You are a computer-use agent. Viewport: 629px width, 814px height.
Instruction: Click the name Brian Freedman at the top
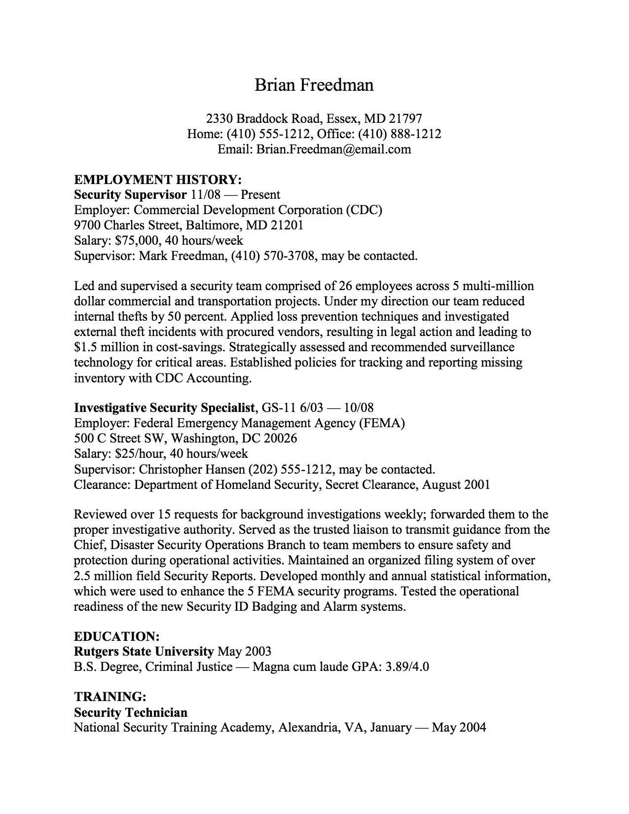[314, 85]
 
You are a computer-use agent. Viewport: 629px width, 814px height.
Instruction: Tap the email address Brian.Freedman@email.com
[333, 149]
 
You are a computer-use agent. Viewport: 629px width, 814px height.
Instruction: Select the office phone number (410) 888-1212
[400, 134]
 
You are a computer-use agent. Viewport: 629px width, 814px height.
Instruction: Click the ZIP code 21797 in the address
[406, 119]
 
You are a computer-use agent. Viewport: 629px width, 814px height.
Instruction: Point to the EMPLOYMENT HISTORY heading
[158, 179]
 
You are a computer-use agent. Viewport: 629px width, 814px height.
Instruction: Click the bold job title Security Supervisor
[130, 195]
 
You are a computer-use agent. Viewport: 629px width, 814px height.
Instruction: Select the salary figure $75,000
[137, 241]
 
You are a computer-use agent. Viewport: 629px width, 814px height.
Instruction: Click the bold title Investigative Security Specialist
[164, 408]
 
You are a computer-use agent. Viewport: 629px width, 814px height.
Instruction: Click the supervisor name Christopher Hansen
[192, 469]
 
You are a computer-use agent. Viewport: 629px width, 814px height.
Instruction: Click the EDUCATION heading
[116, 636]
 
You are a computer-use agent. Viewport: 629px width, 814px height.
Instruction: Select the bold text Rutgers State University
[144, 652]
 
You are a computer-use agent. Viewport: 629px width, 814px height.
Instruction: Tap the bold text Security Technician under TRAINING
[131, 712]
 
